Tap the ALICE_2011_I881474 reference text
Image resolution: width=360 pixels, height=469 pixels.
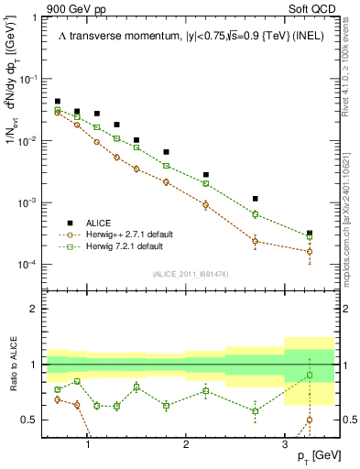tap(190, 274)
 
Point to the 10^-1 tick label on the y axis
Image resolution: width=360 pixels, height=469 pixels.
tap(31, 80)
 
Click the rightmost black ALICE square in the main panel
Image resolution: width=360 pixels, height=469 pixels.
tap(310, 234)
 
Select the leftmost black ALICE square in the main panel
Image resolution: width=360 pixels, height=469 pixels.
tap(58, 102)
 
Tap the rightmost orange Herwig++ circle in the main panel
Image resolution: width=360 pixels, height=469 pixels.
tap(310, 251)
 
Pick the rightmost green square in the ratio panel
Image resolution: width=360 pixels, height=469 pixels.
tap(310, 375)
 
